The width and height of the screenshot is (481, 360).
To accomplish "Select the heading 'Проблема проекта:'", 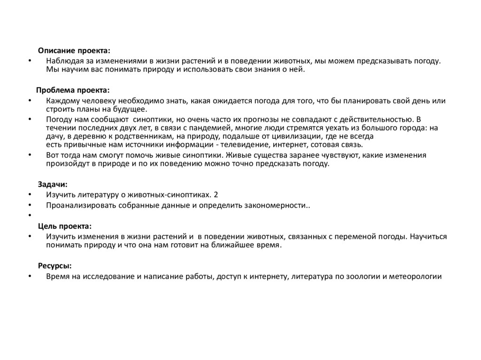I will coord(73,90).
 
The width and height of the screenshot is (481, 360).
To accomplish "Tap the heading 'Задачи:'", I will coord(53,184).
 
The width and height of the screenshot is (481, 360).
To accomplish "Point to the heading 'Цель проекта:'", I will coord(65,226).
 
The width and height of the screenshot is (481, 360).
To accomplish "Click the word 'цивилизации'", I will coord(294,136).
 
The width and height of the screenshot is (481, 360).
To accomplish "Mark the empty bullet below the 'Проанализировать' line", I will coord(30,215).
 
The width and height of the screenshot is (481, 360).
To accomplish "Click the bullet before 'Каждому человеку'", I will coord(30,101).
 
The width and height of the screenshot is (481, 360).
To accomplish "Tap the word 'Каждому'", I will coord(62,101).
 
